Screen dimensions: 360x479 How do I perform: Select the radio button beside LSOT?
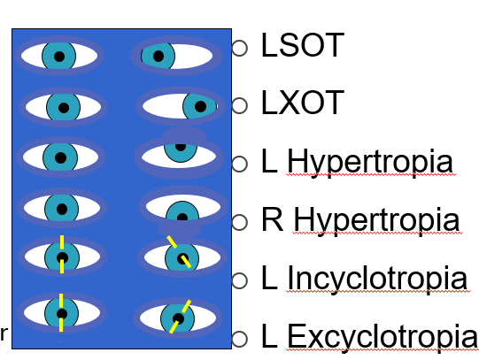tap(239, 48)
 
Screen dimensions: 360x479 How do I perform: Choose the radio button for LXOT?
tap(239, 105)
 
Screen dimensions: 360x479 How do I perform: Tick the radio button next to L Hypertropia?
tap(239, 164)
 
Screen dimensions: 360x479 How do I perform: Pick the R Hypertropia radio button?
tap(239, 221)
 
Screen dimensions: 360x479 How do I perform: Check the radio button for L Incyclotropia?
tap(239, 280)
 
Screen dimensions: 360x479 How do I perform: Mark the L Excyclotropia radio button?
tap(239, 339)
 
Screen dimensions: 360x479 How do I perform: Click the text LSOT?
tap(302, 47)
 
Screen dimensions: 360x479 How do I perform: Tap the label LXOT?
tap(302, 104)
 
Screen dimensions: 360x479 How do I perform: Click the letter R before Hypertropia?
tap(271, 219)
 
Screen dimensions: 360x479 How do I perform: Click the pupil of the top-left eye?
tap(59, 57)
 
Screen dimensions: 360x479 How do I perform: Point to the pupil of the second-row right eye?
tap(201, 107)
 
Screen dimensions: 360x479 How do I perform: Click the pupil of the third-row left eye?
tap(60, 157)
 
